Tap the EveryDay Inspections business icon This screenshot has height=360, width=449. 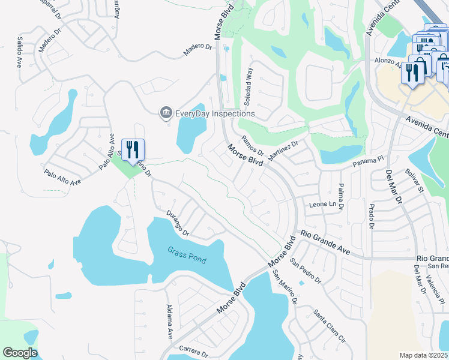(165, 113)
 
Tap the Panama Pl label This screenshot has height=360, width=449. (368, 161)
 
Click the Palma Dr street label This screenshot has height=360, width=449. (340, 197)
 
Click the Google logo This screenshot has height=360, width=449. (20, 353)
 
